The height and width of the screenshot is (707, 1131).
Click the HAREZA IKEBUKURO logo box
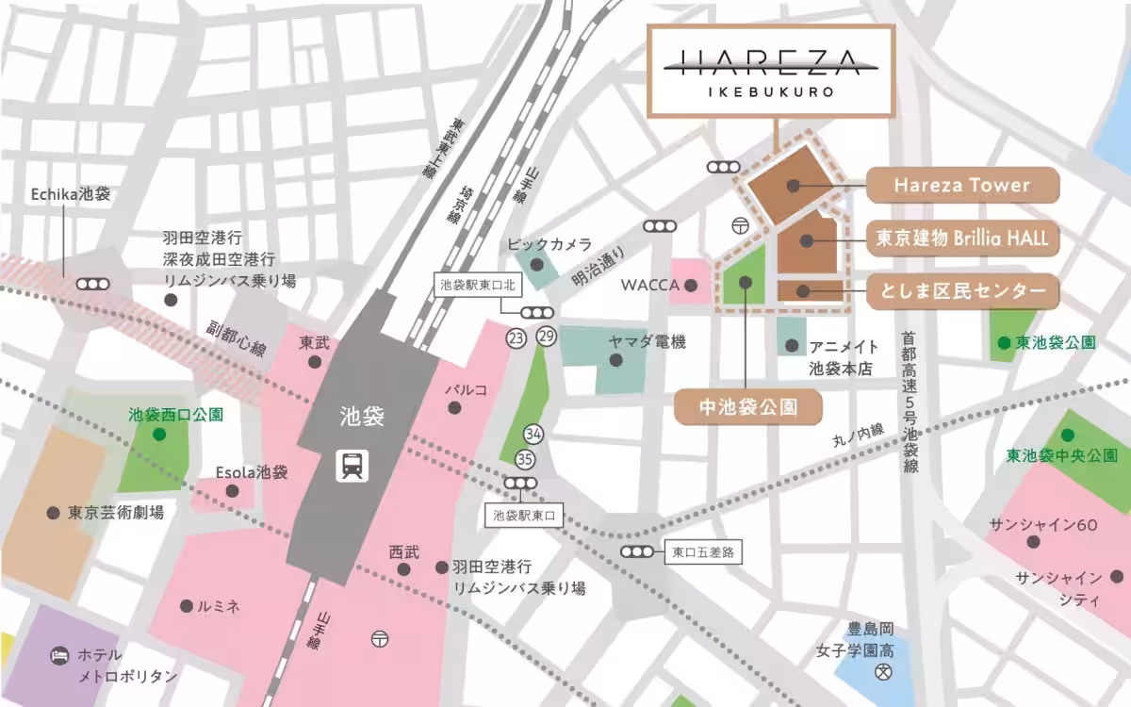[770, 72]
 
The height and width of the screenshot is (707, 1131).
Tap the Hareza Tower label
[961, 185]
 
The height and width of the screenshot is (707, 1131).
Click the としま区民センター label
[961, 291]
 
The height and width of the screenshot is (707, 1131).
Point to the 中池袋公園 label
[748, 407]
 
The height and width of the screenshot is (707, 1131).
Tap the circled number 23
[515, 338]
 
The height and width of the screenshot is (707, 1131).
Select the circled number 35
[525, 459]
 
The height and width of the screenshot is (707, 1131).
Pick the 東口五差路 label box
[702, 551]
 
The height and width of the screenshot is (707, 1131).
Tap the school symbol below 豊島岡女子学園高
[883, 673]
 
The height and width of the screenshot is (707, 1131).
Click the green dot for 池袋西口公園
[158, 435]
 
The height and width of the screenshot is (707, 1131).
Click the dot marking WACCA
[691, 285]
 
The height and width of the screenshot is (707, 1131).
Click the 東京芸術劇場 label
[116, 513]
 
